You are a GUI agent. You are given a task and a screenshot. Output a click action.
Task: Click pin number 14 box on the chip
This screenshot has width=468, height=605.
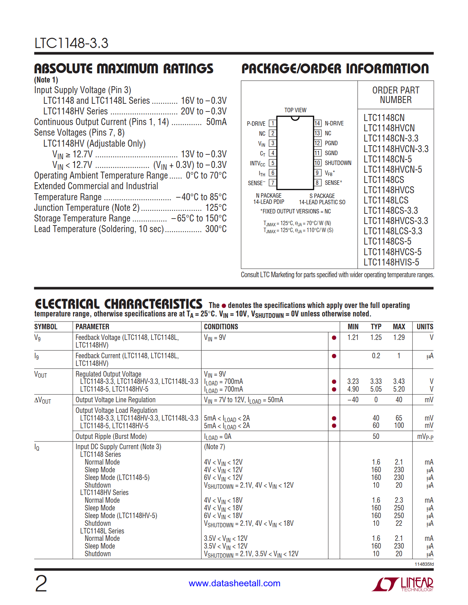pos(318,124)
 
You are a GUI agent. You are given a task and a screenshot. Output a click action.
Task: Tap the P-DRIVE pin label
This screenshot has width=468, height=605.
pos(256,124)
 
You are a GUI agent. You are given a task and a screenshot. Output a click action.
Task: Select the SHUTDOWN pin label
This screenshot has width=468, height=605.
pos(338,163)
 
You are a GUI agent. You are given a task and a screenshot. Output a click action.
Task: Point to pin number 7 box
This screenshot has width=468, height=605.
pos(272,183)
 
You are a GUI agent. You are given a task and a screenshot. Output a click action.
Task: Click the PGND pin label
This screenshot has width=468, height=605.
pos(331,143)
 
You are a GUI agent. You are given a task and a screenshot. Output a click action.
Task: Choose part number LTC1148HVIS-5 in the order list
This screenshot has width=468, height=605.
pos(391,262)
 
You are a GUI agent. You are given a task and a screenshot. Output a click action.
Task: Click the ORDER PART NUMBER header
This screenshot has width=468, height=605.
pos(395,95)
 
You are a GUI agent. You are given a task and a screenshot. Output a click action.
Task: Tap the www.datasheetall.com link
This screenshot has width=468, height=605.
pos(235,583)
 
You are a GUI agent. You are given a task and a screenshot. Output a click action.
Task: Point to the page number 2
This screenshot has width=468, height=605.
pos(41,583)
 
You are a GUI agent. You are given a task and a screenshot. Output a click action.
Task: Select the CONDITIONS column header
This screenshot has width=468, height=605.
pos(221,327)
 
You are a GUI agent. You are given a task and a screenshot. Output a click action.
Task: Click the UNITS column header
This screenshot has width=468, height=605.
pos(425,327)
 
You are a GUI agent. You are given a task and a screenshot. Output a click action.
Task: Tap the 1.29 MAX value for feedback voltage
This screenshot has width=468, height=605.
pos(399,337)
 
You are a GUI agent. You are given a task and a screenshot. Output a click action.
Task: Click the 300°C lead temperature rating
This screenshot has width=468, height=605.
pos(216,229)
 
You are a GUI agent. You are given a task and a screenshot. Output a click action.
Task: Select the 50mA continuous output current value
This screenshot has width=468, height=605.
pos(216,122)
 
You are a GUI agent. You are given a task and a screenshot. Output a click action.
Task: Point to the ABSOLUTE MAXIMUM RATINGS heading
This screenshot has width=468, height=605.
pos(124,69)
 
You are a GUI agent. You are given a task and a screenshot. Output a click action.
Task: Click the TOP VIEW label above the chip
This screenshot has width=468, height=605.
pos(295,110)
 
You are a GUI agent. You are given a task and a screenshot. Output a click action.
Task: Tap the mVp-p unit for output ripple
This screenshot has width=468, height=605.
pos(425,437)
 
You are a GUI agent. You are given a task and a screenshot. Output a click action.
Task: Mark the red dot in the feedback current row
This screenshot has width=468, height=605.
pos(334,356)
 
